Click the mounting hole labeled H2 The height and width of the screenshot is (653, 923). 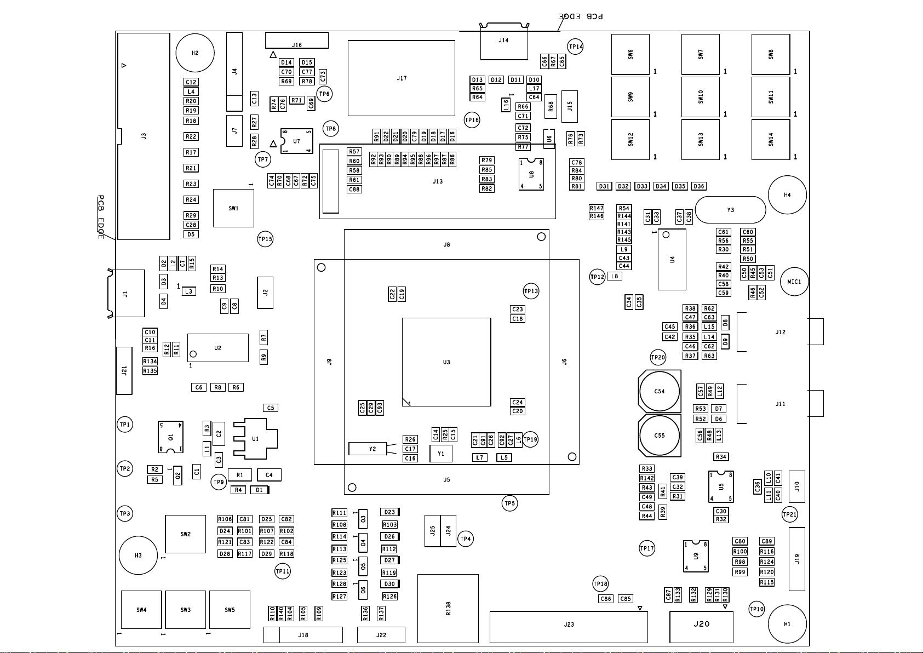[x=195, y=53]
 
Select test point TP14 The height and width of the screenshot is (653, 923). [x=576, y=47]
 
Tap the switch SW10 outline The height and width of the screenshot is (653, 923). [x=701, y=97]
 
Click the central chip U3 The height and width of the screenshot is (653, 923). [x=446, y=362]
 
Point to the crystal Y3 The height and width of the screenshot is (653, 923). [x=730, y=210]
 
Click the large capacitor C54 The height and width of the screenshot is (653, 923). [x=660, y=392]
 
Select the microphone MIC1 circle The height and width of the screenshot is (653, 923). [x=794, y=282]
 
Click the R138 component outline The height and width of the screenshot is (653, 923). [x=448, y=608]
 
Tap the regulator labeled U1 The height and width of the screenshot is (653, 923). [x=255, y=438]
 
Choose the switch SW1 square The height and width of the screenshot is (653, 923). [x=233, y=208]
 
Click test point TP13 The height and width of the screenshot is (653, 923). [x=531, y=291]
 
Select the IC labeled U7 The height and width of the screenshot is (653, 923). [x=296, y=141]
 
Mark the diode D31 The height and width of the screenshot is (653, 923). [x=604, y=186]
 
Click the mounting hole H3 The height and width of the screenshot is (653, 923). [x=138, y=555]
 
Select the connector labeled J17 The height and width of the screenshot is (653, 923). [x=402, y=78]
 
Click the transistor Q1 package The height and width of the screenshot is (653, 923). [x=170, y=437]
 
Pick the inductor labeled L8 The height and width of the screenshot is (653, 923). [x=615, y=277]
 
